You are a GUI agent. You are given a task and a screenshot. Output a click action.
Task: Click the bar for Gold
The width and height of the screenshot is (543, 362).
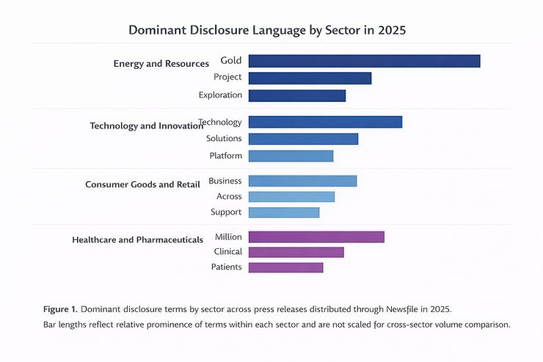click(364, 61)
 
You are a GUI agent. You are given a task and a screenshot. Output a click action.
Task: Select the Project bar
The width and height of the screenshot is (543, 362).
click(310, 78)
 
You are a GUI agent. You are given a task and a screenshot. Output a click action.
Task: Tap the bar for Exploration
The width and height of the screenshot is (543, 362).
click(296, 95)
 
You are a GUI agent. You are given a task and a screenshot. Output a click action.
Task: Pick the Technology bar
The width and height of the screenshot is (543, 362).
click(325, 122)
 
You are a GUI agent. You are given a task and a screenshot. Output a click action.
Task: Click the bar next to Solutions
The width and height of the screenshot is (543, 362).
click(303, 139)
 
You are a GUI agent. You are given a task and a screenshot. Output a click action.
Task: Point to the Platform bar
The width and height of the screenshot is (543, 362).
click(291, 156)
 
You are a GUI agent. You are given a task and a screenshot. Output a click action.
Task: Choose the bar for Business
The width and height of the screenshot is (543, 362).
click(302, 181)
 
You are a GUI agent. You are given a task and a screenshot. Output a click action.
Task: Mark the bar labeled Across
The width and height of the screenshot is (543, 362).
click(291, 197)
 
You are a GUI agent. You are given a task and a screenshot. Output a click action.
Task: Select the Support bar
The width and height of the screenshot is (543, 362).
click(284, 212)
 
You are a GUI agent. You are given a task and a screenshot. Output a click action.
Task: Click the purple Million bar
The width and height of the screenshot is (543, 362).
click(316, 236)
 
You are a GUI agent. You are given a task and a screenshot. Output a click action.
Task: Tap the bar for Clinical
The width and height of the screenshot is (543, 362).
click(296, 252)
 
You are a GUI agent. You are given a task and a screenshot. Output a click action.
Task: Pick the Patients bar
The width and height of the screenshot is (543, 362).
click(285, 267)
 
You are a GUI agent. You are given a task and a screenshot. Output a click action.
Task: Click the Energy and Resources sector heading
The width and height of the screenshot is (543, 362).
click(161, 64)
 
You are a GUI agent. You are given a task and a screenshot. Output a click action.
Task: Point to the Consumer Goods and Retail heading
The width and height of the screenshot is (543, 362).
click(142, 184)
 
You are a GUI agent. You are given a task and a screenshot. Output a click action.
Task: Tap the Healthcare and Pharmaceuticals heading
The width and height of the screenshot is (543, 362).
click(137, 240)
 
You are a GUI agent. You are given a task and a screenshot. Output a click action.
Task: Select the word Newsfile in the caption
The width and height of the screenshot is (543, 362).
click(398, 309)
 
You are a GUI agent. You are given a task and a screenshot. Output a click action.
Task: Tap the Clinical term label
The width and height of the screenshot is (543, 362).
click(227, 252)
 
